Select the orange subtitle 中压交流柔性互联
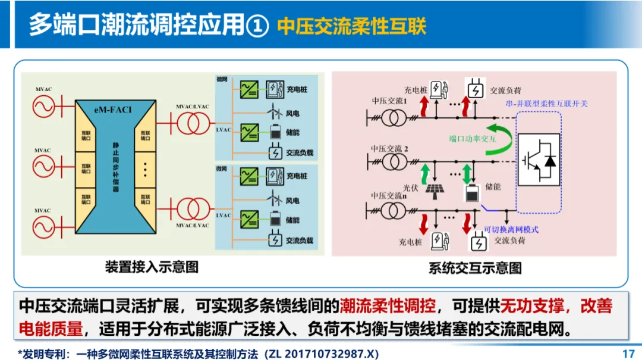coord(352,26)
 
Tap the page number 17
coord(628,354)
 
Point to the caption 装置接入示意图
coord(152,267)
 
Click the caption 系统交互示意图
coord(475,268)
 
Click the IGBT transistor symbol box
coord(539,160)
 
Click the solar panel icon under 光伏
coord(433,192)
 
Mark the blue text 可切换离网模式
coord(511,229)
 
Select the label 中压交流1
coord(389,101)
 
